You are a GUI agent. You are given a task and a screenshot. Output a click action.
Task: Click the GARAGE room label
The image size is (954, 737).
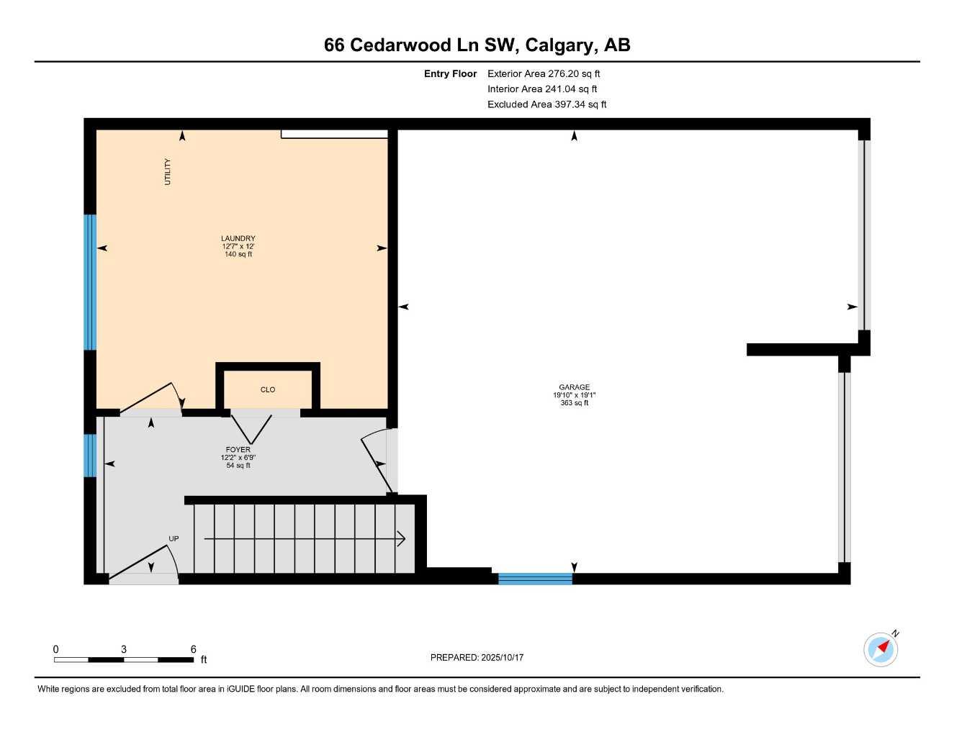click(x=574, y=387)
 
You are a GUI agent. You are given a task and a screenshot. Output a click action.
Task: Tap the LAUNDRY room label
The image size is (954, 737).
click(x=238, y=238)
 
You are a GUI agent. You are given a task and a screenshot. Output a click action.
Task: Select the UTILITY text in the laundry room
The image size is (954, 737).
click(x=168, y=171)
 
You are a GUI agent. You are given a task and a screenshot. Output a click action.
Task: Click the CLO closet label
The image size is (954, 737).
click(x=268, y=390)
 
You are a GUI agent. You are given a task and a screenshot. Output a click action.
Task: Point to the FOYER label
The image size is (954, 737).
click(x=238, y=450)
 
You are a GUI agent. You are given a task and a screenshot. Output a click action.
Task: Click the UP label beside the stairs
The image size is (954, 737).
click(x=174, y=538)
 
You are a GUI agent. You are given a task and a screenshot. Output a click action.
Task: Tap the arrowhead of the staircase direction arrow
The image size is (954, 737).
click(x=401, y=538)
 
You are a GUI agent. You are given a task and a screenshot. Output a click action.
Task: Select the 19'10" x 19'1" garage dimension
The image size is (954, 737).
click(x=574, y=395)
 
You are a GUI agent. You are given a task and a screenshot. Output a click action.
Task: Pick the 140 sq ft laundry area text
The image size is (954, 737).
click(x=238, y=254)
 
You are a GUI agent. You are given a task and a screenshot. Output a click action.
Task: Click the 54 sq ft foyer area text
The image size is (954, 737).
click(x=238, y=466)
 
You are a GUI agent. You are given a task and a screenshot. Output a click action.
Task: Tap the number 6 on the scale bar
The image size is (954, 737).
click(x=193, y=649)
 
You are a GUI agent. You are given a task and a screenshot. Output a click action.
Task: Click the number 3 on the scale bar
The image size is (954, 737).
click(x=124, y=649)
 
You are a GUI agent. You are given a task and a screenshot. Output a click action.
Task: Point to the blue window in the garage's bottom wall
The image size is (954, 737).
click(x=535, y=578)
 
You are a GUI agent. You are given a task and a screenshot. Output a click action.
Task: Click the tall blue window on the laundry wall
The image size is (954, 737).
click(x=90, y=282)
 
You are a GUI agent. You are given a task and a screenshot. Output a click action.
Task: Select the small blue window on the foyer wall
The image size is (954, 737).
click(x=90, y=455)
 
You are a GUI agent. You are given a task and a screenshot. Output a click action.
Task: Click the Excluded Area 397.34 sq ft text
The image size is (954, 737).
click(x=546, y=104)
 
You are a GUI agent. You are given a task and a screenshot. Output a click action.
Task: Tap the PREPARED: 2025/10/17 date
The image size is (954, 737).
click(x=477, y=657)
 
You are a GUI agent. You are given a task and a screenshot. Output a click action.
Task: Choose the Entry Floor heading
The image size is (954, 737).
click(x=450, y=73)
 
